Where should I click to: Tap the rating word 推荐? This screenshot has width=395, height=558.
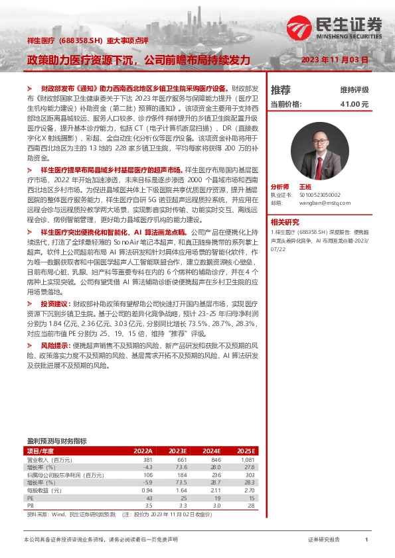[280, 89]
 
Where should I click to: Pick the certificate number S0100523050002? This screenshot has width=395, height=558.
[322, 196]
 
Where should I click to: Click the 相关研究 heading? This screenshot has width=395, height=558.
[285, 222]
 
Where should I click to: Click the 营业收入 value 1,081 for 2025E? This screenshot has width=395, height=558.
[247, 459]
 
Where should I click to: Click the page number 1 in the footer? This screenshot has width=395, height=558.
[366, 540]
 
